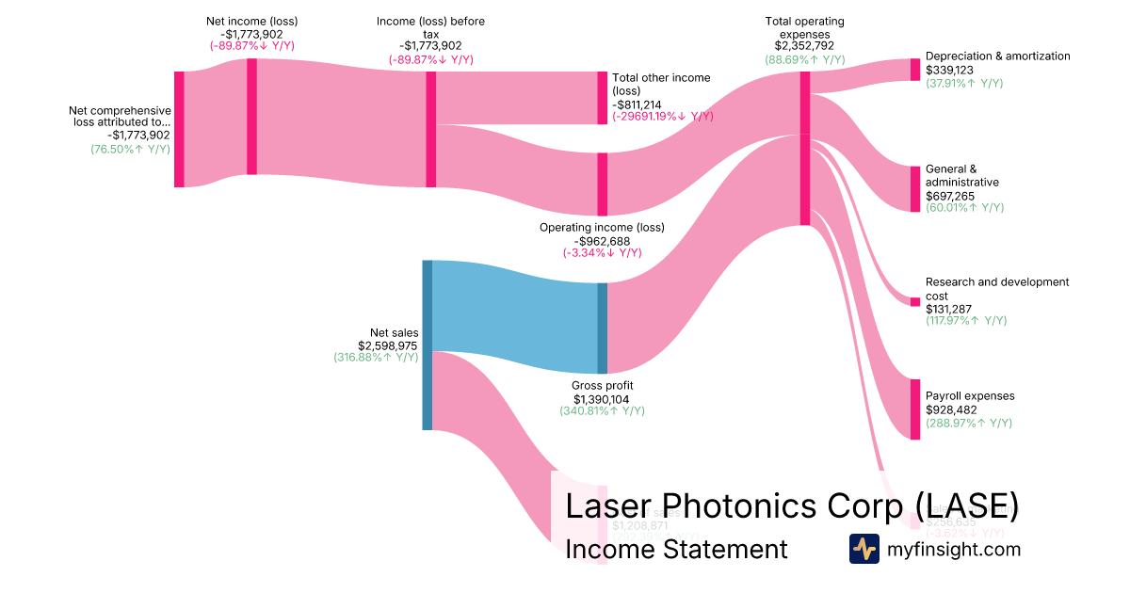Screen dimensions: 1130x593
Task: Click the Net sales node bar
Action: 427,345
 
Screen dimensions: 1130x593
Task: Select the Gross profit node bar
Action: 603,329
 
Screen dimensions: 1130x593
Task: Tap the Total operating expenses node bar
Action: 805,149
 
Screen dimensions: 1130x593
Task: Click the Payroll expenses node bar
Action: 914,409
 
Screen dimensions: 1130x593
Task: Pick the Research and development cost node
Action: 914,301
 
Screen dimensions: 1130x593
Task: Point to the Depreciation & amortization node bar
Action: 914,70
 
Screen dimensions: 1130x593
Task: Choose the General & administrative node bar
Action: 914,189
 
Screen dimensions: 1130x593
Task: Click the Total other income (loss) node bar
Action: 603,98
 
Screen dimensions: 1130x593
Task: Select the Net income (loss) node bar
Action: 251,117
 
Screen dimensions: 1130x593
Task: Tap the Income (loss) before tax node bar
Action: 431,129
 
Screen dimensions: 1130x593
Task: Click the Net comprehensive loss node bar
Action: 179,129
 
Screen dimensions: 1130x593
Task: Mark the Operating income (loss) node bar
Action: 603,184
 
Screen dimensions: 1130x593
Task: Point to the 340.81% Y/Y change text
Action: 603,410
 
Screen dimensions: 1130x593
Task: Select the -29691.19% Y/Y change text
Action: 663,117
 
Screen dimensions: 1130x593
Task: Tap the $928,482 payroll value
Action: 951,409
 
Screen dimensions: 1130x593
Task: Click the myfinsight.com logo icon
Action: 864,549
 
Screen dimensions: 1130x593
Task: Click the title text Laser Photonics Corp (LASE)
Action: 791,505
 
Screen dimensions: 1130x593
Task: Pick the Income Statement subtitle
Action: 676,549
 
